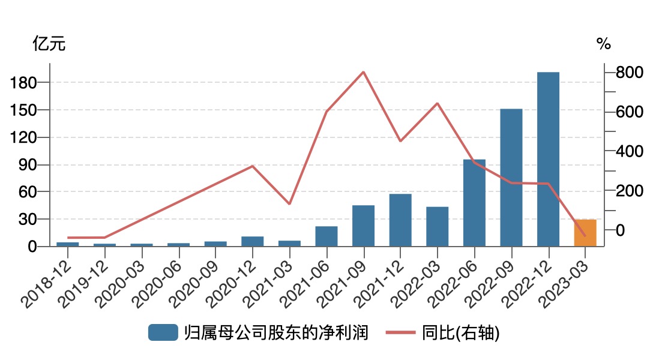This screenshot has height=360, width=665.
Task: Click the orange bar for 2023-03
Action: [585, 233]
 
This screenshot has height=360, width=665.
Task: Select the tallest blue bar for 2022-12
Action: [548, 159]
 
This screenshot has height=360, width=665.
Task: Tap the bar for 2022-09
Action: [511, 178]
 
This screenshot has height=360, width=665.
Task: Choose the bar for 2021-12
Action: [400, 220]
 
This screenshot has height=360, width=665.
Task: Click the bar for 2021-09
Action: [363, 226]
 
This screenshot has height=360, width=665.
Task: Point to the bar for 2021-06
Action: [326, 236]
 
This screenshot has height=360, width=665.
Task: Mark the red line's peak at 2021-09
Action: [364, 72]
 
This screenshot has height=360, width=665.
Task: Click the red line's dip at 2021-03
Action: [289, 204]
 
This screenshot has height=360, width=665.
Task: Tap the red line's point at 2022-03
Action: [438, 103]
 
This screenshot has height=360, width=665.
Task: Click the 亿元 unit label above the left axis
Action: [49, 44]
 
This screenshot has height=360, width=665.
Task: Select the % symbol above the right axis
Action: [603, 44]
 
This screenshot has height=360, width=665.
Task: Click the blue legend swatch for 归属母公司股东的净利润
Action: [163, 332]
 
